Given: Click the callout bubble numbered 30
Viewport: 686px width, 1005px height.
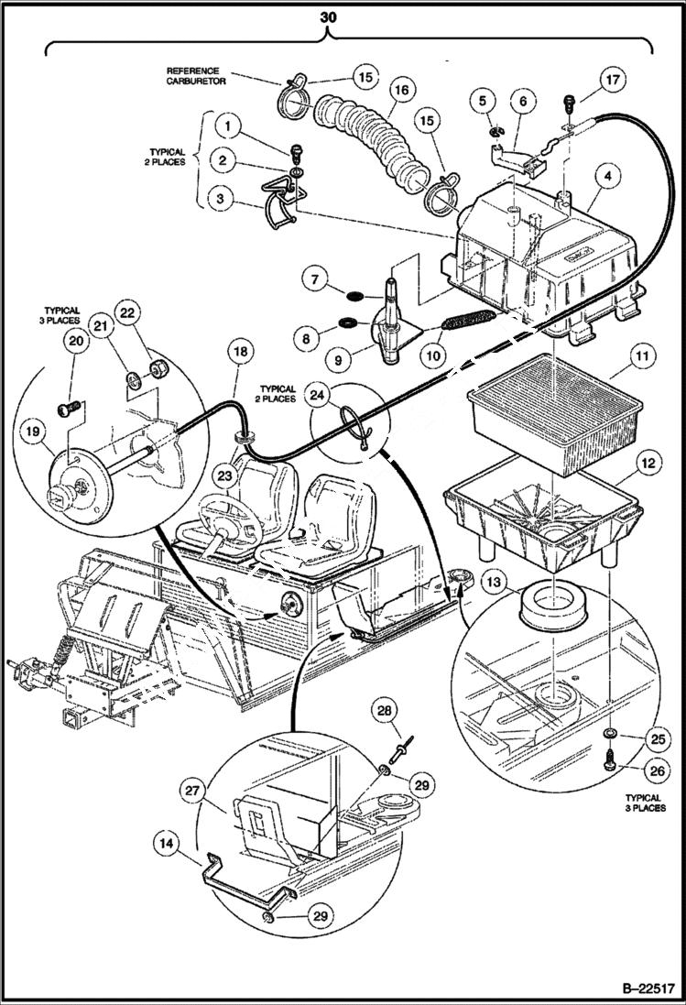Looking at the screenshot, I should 327,16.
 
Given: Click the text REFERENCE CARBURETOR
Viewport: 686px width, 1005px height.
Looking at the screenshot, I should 196,76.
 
